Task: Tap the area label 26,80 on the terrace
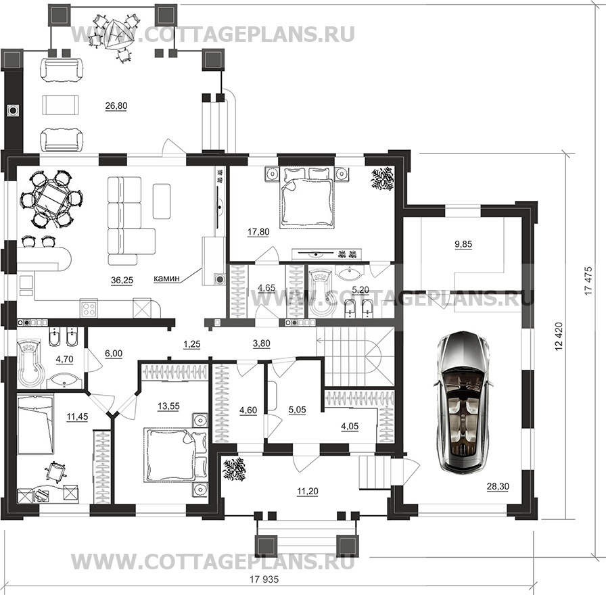(116, 106)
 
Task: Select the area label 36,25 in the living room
(122, 281)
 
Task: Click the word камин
(166, 278)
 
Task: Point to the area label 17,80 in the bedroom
(258, 232)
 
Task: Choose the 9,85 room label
(463, 244)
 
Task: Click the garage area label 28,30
(498, 487)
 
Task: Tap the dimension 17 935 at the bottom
(264, 579)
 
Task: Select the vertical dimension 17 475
(588, 281)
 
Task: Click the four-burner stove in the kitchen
(89, 308)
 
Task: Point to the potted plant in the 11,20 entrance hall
(235, 469)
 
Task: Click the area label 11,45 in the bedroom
(77, 416)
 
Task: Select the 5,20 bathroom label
(360, 289)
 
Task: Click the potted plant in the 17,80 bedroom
(383, 178)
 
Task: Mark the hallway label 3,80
(261, 343)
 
